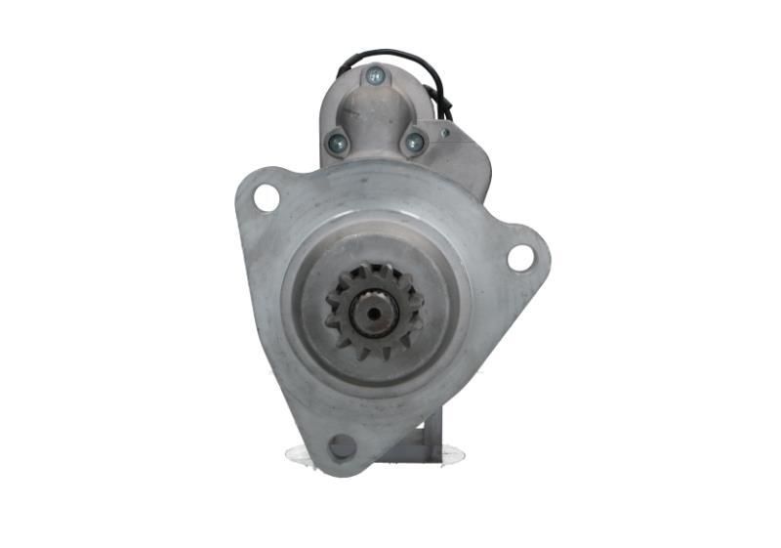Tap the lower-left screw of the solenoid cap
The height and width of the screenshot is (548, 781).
(338, 143)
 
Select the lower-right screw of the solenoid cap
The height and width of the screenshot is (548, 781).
(414, 143)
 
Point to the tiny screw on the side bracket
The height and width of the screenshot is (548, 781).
(445, 132)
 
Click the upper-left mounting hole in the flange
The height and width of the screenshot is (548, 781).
(266, 197)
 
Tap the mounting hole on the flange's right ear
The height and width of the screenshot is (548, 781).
(520, 258)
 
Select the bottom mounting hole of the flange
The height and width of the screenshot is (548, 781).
(343, 447)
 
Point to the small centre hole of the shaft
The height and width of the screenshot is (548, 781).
(375, 315)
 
